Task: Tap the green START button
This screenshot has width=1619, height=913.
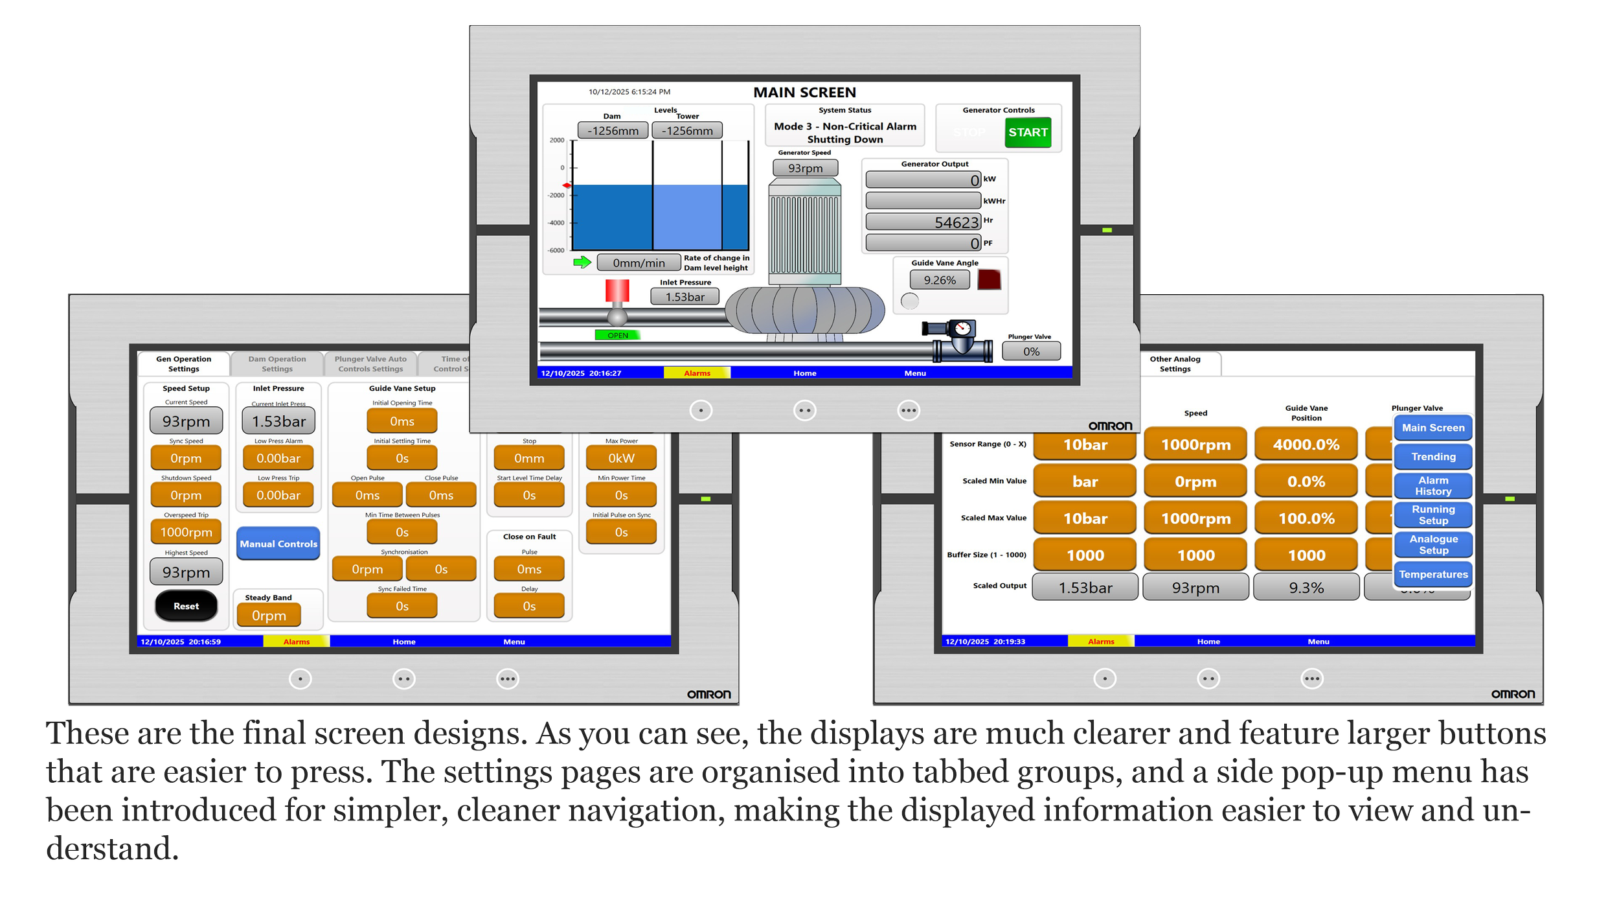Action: click(x=1028, y=132)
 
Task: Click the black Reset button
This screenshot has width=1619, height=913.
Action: click(x=186, y=606)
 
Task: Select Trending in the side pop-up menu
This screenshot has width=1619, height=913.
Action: click(x=1433, y=457)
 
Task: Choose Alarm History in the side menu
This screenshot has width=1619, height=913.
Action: click(x=1433, y=485)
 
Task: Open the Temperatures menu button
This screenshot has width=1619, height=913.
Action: click(x=1433, y=574)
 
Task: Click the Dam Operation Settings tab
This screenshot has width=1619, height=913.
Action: click(x=277, y=364)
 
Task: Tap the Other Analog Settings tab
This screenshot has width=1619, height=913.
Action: click(x=1175, y=364)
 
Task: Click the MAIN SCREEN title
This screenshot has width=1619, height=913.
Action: click(x=804, y=93)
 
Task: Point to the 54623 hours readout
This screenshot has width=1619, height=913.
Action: click(x=923, y=222)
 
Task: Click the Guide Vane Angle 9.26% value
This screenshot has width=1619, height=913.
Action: click(x=940, y=280)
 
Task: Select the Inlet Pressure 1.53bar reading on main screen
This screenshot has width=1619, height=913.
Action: click(x=685, y=297)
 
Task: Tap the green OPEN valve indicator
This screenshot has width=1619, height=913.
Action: click(x=618, y=335)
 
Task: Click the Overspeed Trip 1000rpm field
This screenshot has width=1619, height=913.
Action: click(x=186, y=532)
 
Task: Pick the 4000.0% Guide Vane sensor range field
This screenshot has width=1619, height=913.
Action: click(x=1306, y=445)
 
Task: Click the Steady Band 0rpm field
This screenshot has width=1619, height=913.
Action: click(x=269, y=616)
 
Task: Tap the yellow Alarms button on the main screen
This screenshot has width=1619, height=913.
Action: click(x=697, y=373)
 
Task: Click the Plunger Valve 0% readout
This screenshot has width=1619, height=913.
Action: click(x=1031, y=351)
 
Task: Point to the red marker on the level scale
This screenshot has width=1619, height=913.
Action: click(x=567, y=186)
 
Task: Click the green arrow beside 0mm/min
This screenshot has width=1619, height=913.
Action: click(x=582, y=262)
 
